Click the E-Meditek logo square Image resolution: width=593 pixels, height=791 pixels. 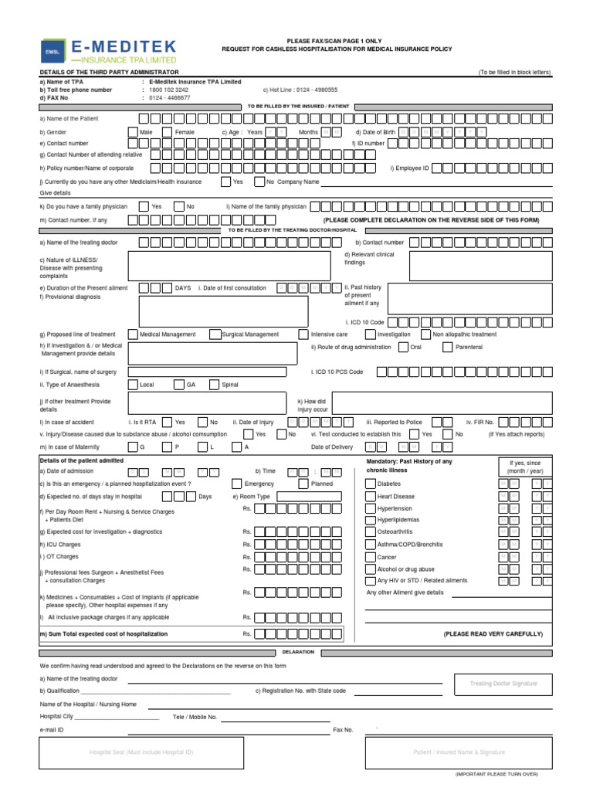pos(53,51)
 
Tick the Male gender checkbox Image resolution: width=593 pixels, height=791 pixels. pos(133,132)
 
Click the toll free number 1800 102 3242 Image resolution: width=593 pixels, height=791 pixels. pos(168,90)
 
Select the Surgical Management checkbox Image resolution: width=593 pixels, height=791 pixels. pos(214,334)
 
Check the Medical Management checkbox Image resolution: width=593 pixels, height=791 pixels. pos(133,334)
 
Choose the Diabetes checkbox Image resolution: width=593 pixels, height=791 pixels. pos(370,484)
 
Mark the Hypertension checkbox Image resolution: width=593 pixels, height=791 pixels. pos(370,508)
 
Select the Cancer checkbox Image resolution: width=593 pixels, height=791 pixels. pos(370,556)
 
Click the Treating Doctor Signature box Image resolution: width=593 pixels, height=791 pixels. pos(503,684)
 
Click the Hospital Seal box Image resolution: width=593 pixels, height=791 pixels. pos(141,752)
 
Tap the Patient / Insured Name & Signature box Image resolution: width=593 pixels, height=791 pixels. pos(459,752)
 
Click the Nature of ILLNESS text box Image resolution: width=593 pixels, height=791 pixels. pos(212,266)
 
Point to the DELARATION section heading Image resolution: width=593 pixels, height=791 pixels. pos(298,652)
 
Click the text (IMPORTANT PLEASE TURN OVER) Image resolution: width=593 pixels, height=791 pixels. pos(496,773)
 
